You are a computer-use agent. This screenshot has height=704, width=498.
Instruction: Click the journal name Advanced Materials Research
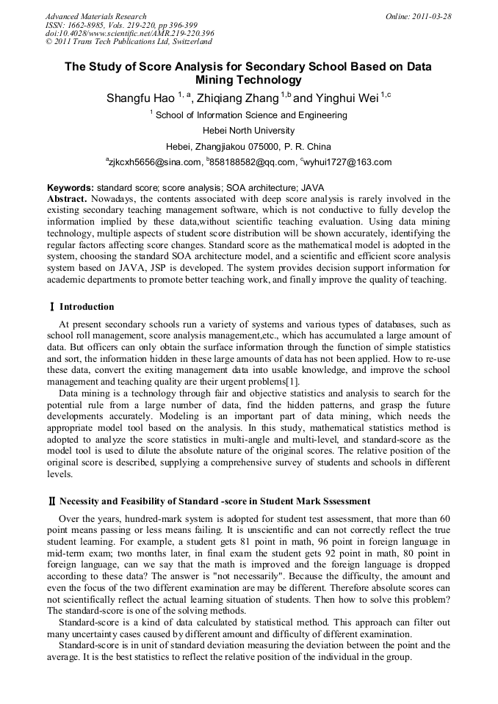pos(95,16)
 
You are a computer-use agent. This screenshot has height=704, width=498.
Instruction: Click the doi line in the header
pos(130,33)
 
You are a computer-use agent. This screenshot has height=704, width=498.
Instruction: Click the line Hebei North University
pos(248,131)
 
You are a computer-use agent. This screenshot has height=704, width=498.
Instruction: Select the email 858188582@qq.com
pos(253,162)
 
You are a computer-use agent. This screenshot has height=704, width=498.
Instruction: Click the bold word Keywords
pos(71,188)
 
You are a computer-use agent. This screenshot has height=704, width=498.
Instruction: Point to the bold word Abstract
pos(68,199)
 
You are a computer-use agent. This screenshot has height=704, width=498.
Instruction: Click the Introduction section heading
pos(86,306)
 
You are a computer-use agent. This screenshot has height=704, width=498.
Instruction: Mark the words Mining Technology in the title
pos(248,80)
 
